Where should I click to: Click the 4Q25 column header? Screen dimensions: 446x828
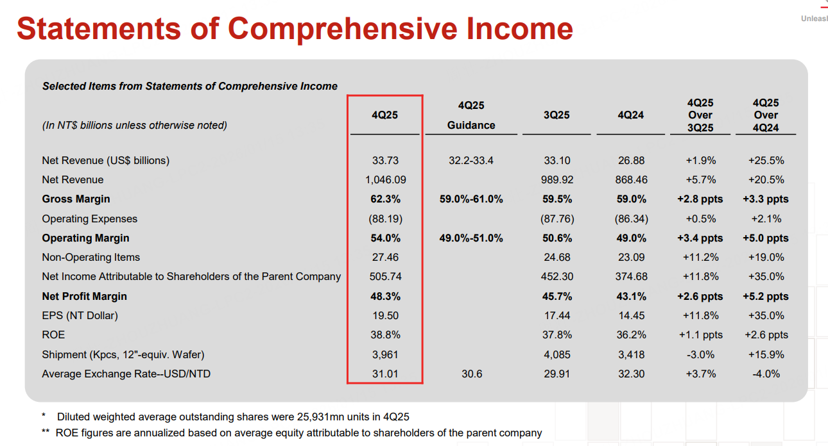(x=384, y=115)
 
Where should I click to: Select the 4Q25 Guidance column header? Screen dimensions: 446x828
(x=471, y=115)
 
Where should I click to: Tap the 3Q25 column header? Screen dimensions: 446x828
(x=556, y=115)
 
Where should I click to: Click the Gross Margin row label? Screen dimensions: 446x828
(x=76, y=199)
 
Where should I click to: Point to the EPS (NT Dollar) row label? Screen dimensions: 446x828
(x=80, y=316)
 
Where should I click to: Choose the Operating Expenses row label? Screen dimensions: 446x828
(x=90, y=219)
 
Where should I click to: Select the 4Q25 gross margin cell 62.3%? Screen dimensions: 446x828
(x=385, y=199)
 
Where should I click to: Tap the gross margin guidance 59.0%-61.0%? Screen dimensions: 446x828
(x=471, y=199)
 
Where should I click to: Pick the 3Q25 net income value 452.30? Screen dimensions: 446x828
(x=556, y=277)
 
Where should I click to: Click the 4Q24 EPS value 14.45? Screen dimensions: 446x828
(x=631, y=316)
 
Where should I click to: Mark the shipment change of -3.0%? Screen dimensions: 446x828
(x=700, y=354)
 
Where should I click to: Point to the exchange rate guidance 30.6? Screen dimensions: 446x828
(x=472, y=374)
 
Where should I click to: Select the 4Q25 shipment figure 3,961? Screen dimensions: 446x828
(x=385, y=354)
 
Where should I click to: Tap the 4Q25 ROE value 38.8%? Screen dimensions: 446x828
(x=385, y=335)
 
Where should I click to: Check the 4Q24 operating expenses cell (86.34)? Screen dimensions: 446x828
(x=631, y=219)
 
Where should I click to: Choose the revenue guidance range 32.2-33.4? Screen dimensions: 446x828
(x=471, y=161)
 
